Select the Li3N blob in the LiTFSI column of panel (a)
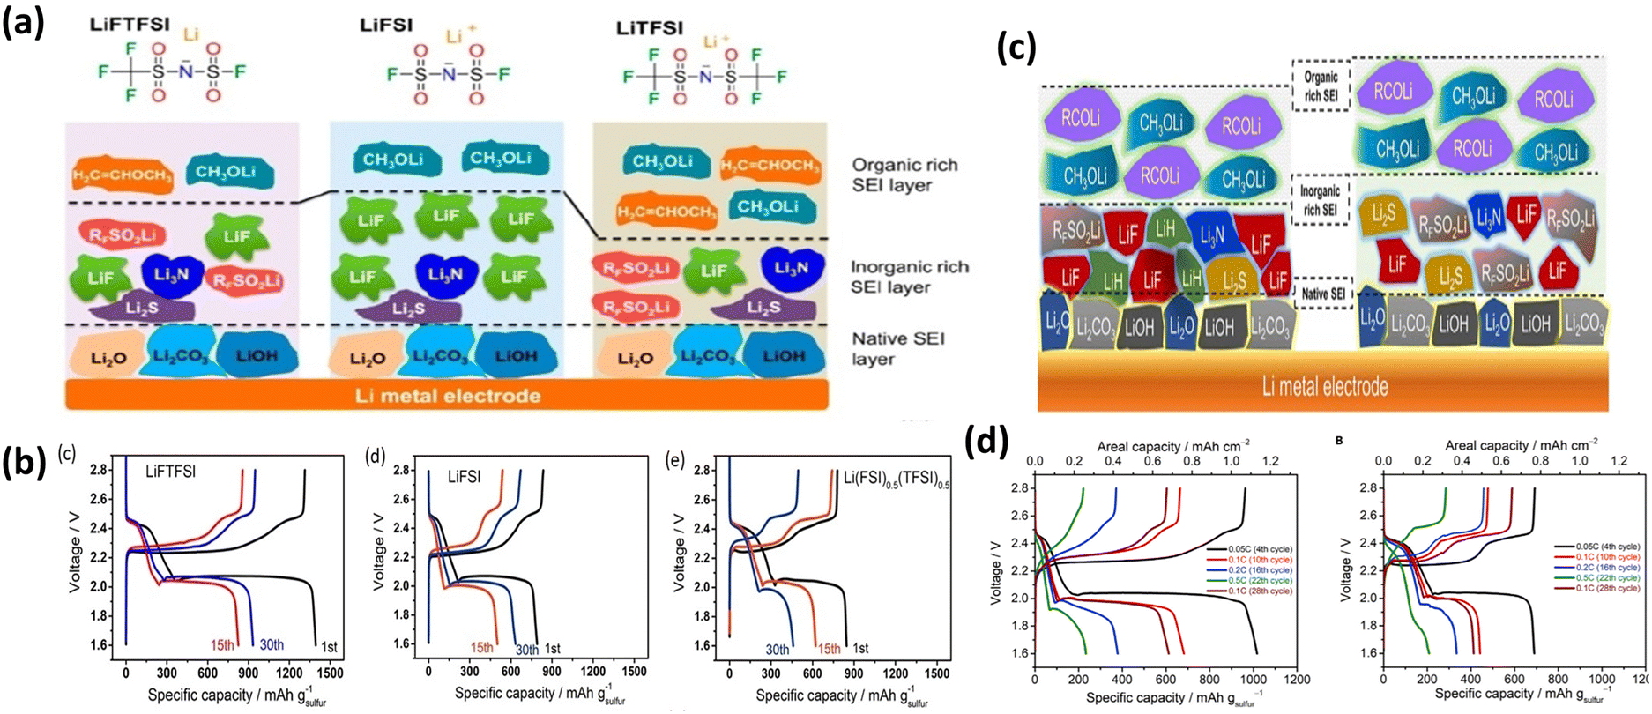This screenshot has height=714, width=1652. (x=791, y=267)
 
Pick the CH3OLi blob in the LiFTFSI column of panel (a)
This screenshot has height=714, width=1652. (x=228, y=171)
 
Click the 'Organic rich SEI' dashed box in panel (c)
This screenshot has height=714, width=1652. (x=1321, y=86)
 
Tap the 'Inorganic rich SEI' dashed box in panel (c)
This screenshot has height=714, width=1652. (x=1321, y=200)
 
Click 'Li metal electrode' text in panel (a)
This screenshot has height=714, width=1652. (x=447, y=396)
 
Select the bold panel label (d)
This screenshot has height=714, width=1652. (x=988, y=441)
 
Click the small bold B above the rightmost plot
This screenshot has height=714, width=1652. (x=1340, y=441)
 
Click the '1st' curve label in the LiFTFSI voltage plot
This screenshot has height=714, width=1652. (x=328, y=647)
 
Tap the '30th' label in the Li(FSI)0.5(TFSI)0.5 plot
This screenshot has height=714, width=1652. (x=778, y=649)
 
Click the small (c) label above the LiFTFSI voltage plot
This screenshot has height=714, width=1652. (x=67, y=454)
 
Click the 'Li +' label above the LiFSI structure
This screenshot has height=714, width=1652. (x=459, y=37)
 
